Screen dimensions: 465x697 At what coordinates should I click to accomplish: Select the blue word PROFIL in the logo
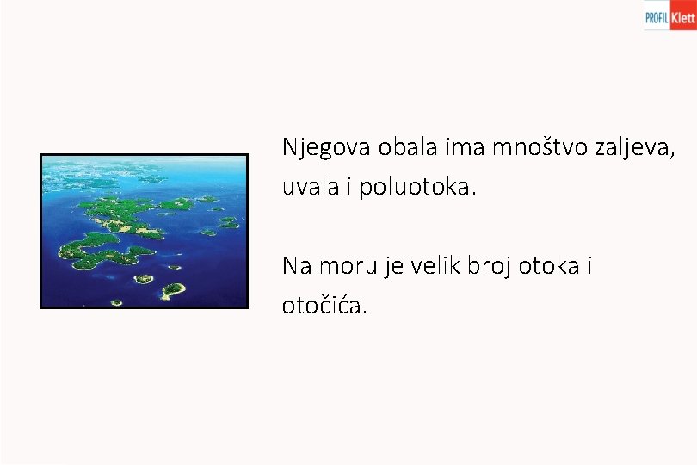coord(657,16)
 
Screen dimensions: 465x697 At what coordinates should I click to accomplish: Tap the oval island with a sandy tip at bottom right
coord(173,290)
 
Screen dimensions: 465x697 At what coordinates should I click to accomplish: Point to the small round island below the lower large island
coord(144,278)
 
